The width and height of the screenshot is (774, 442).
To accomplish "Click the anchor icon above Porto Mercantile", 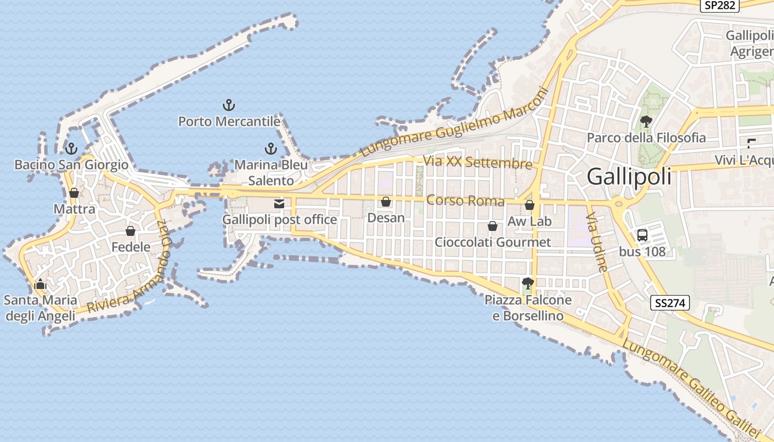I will click(x=229, y=104).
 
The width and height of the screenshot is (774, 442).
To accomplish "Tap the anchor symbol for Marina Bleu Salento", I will click(x=270, y=148).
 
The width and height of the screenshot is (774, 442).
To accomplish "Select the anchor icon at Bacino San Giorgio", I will click(x=71, y=148).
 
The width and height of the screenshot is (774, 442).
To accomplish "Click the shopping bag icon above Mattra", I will click(x=74, y=193).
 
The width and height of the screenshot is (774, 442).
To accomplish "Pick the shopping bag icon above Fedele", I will click(x=130, y=230).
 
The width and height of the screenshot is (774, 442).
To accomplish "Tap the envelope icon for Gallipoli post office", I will click(x=279, y=204).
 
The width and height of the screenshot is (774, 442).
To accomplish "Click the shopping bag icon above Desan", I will click(x=386, y=202).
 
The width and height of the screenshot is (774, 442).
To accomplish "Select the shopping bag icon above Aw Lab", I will click(x=530, y=205).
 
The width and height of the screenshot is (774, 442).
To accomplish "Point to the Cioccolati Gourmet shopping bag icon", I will click(x=493, y=226).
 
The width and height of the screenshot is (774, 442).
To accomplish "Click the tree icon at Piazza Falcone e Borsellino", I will click(x=528, y=283).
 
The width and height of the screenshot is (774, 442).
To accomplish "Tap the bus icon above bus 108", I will click(x=642, y=235).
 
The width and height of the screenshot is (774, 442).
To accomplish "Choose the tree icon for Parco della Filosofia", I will click(x=646, y=121).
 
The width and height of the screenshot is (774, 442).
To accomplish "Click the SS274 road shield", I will click(x=670, y=303).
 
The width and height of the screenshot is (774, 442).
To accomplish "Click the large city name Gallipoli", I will click(x=629, y=177).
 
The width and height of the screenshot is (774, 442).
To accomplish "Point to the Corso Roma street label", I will click(x=466, y=201).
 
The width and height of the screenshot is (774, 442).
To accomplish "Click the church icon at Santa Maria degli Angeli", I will click(x=40, y=285).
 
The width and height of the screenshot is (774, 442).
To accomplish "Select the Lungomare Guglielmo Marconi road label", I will click(x=453, y=123).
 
